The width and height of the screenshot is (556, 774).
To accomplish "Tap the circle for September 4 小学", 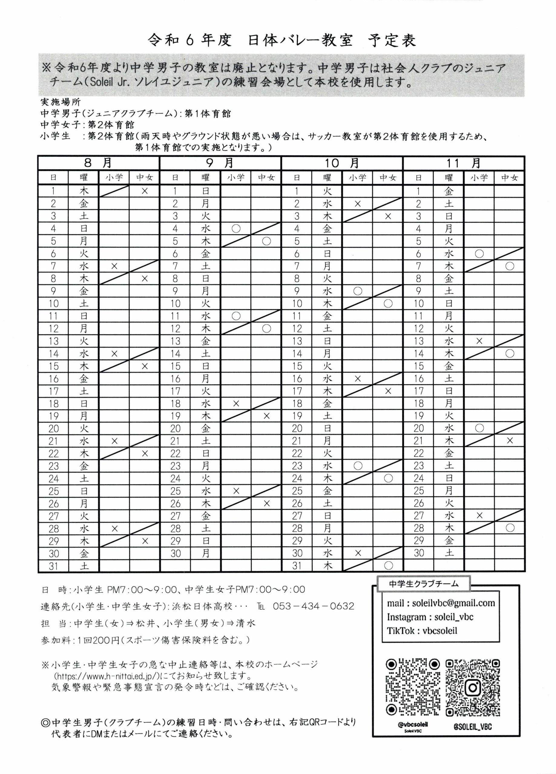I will [x=236, y=228].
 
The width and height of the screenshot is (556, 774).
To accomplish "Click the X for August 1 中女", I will [x=145, y=191].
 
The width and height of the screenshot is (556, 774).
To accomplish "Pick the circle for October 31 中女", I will [x=388, y=566].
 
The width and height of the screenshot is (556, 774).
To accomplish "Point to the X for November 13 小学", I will [x=479, y=341].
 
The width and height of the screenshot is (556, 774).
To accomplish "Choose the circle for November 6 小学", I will [x=479, y=254].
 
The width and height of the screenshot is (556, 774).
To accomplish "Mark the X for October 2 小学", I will [x=357, y=204].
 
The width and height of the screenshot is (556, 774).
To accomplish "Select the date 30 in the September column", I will [x=175, y=553].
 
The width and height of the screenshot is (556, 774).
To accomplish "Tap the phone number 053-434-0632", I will [x=313, y=606].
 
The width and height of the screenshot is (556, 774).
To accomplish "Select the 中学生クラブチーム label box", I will [x=424, y=584].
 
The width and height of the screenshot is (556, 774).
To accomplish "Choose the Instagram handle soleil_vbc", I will [x=454, y=617].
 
